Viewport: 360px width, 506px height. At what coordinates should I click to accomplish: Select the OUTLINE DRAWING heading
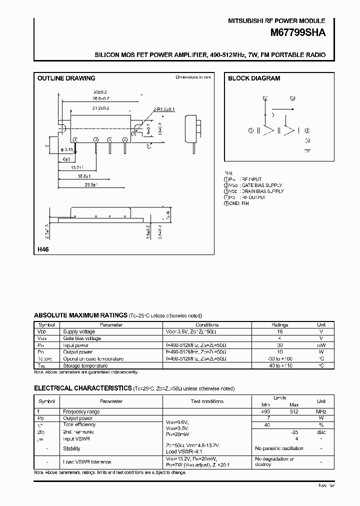click(66, 78)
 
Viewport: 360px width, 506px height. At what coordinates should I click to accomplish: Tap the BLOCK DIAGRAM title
click(254, 78)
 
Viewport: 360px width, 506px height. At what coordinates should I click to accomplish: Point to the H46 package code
click(43, 248)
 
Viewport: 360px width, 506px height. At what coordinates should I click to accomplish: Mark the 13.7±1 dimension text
click(76, 167)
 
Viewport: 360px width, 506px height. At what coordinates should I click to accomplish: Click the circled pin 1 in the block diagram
click(251, 131)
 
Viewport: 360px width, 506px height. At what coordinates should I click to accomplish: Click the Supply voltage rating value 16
click(280, 331)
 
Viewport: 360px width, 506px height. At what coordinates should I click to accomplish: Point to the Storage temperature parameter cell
click(85, 365)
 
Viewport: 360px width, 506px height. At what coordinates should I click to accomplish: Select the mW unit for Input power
click(321, 345)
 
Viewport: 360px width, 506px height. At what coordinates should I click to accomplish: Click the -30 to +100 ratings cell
click(280, 358)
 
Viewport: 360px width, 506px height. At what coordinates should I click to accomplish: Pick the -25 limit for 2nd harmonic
click(295, 431)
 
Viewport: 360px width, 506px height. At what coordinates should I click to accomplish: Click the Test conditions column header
click(207, 401)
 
